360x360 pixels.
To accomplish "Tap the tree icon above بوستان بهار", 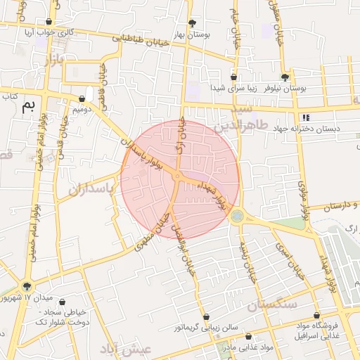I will tap(192, 22).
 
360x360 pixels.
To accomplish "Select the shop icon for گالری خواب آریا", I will tap(48, 22).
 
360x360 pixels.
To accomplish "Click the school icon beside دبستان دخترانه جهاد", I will tap(304, 117).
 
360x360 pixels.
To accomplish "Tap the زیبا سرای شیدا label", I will tap(235, 89).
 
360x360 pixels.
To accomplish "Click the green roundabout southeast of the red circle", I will tap(236, 217).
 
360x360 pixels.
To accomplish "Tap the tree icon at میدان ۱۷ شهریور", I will tap(27, 286).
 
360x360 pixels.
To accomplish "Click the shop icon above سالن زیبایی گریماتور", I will tap(206, 316).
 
